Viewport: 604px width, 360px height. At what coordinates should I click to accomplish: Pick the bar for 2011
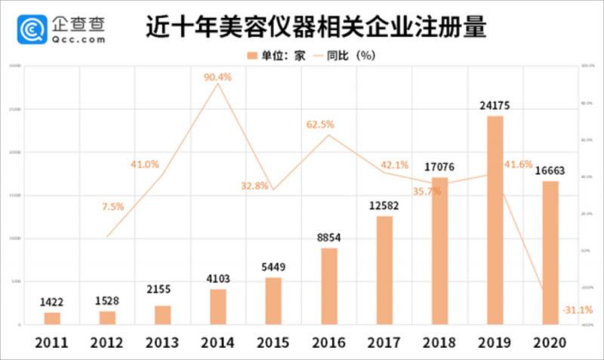[52, 318]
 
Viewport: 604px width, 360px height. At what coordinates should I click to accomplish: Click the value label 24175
[494, 106]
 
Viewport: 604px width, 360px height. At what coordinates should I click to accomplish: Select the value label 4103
[217, 279]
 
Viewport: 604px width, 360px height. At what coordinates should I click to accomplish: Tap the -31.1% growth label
[577, 309]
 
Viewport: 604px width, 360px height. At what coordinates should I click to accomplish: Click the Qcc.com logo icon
[32, 29]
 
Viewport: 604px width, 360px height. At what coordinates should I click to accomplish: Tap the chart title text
[316, 28]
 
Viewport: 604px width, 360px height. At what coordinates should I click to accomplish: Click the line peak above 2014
[218, 84]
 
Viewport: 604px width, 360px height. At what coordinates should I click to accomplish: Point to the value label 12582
[384, 205]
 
